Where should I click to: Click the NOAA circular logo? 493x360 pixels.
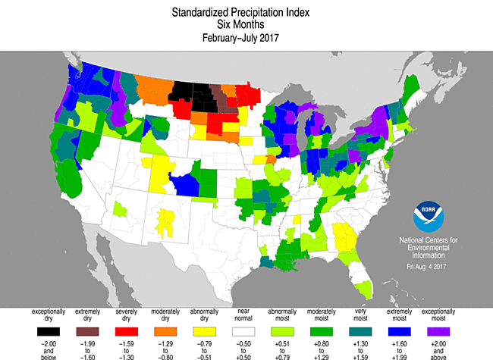(x=430, y=218)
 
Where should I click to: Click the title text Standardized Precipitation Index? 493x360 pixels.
(x=246, y=13)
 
